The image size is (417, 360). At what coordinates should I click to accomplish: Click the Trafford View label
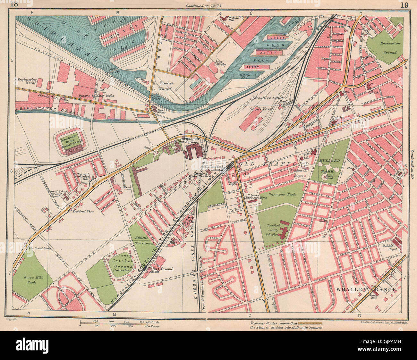coord(82,211)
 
